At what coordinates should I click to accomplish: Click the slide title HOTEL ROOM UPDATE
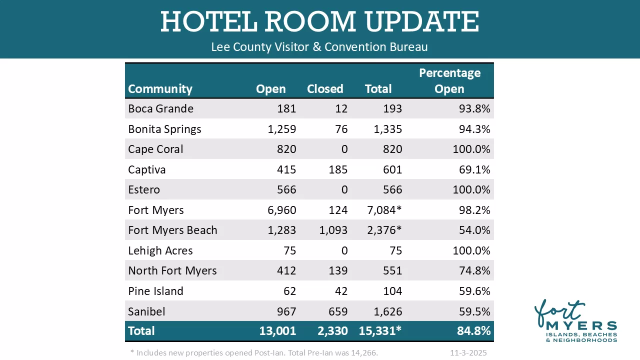pyautogui.click(x=319, y=22)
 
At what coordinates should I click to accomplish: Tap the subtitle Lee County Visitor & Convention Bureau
pyautogui.click(x=319, y=47)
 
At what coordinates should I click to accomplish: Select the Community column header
pyautogui.click(x=160, y=89)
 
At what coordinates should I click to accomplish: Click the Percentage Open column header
pyautogui.click(x=449, y=81)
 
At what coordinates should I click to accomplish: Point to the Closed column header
pyautogui.click(x=325, y=89)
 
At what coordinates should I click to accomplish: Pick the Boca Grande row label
pyautogui.click(x=160, y=108)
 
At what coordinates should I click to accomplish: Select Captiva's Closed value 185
pyautogui.click(x=338, y=169)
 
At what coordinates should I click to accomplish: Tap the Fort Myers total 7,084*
pyautogui.click(x=384, y=210)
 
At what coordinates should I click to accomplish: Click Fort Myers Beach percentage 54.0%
pyautogui.click(x=474, y=230)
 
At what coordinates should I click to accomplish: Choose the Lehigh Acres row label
pyautogui.click(x=160, y=250)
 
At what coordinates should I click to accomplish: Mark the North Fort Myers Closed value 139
pyautogui.click(x=338, y=271)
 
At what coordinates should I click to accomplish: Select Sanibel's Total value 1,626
pyautogui.click(x=387, y=311)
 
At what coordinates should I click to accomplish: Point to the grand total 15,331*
pyautogui.click(x=380, y=331)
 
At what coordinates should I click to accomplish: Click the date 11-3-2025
pyautogui.click(x=468, y=353)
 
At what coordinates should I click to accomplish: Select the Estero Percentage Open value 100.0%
pyautogui.click(x=471, y=190)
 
